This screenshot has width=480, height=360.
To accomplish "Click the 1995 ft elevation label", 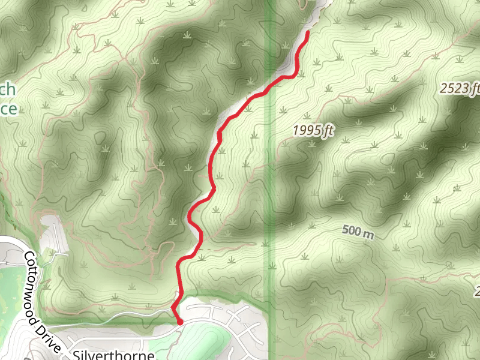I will tap(313, 130).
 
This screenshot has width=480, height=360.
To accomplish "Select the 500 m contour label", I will tap(358, 232).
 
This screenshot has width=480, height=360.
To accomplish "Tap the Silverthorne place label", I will tap(114, 355).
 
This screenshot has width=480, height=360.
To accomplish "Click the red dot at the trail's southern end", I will tap(180, 322).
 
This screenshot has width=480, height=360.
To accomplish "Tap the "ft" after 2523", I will tap(475, 89).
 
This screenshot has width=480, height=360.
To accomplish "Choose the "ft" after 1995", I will tap(327, 131).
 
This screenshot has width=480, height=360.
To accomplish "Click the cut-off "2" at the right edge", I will tap(478, 292).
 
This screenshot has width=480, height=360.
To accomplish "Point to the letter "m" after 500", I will tap(368, 234).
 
